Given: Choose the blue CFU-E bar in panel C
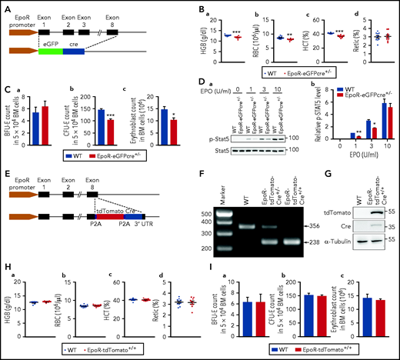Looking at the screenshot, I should coord(101,118).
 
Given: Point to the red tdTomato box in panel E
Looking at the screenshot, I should coord(127,207).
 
